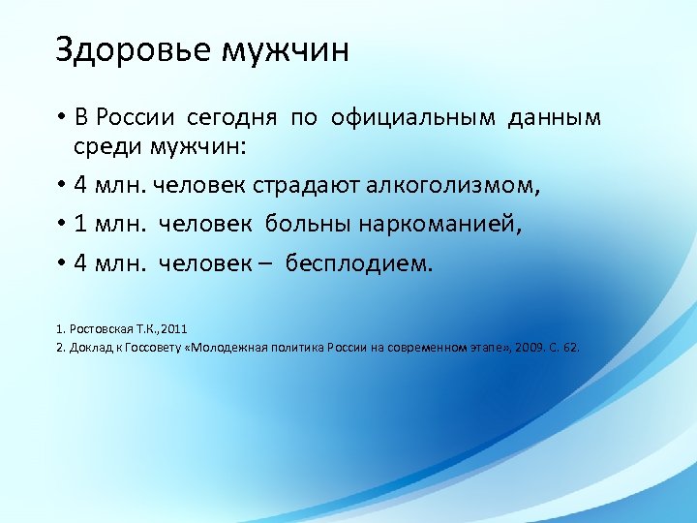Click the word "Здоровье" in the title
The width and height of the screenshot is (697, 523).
[133, 49]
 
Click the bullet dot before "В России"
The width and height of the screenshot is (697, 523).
[60, 119]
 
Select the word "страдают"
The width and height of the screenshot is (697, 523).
[320, 186]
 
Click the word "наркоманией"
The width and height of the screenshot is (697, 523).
[440, 225]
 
